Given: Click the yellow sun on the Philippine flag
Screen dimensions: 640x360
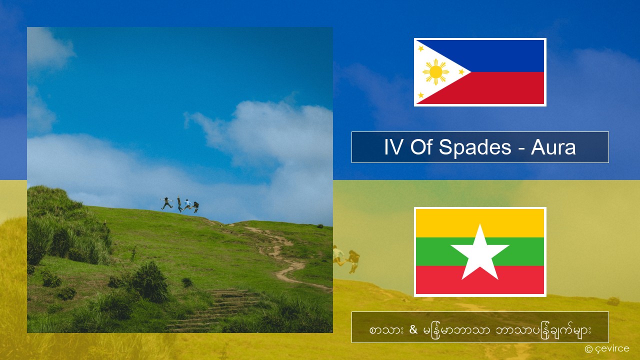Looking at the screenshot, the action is click(435, 72).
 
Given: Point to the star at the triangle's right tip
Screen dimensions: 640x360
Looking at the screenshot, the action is click(461, 72).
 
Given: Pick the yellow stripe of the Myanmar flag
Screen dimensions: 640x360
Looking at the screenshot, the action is click(480, 223).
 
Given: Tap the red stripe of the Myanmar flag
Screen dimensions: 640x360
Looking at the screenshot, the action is click(480, 280).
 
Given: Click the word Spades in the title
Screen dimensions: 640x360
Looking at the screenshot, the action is click(475, 147).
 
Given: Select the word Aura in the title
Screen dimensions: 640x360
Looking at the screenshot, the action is click(553, 147).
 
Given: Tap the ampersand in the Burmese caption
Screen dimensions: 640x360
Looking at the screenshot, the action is click(413, 329).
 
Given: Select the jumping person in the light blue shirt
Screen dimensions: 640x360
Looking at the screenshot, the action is click(187, 204).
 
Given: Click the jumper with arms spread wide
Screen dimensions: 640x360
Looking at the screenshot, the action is click(166, 203).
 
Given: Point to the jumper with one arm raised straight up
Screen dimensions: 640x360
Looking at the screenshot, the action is click(179, 204).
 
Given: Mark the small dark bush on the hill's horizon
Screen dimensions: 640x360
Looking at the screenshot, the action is click(320, 226).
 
